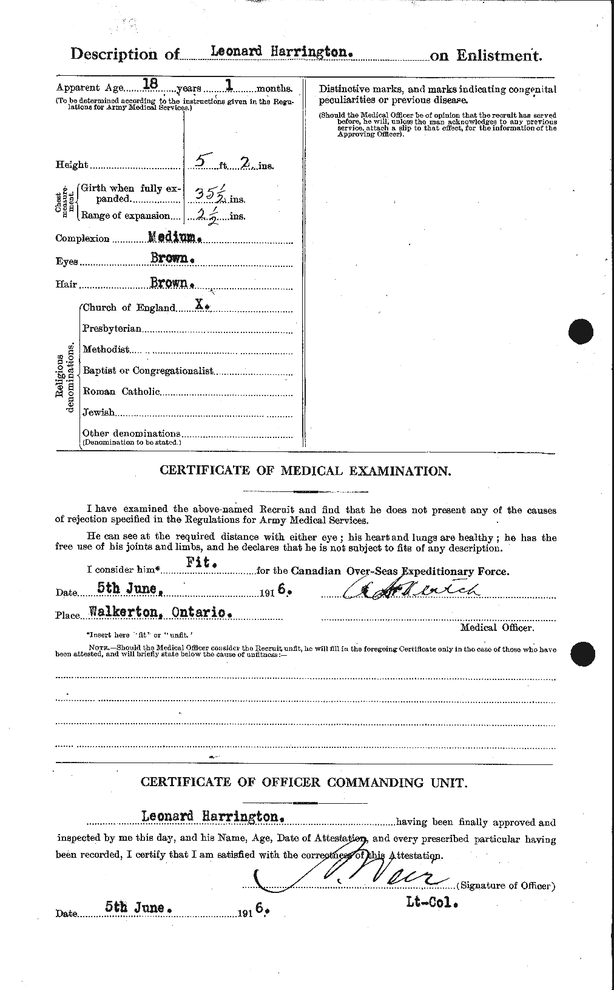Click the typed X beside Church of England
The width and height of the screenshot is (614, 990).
pos(201,307)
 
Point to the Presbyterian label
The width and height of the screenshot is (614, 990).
pos(112,328)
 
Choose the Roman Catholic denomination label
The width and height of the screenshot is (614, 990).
pos(121,391)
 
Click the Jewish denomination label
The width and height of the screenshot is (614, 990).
pos(98,412)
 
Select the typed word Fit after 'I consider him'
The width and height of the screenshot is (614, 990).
pos(203,564)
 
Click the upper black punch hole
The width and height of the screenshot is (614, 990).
pos(583,332)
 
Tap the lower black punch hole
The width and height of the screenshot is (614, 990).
pos(583,655)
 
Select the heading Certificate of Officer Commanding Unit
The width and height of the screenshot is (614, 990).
pos(304,783)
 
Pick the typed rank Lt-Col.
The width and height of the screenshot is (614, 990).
pos(431,902)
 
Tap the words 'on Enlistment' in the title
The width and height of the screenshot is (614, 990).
pos(485,55)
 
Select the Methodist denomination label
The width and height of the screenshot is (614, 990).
pos(106,349)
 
